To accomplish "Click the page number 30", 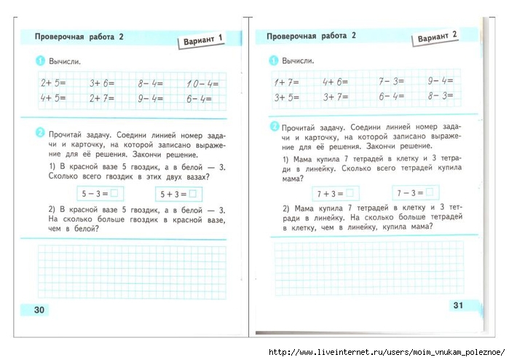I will [x=39, y=310].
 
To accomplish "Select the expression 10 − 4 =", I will [x=202, y=83].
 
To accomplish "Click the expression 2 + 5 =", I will [x=53, y=83].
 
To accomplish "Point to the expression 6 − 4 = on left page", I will [x=198, y=99].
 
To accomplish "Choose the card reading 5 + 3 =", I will [x=178, y=194].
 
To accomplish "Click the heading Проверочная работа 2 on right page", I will [x=312, y=35].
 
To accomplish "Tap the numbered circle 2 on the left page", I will [x=40, y=134].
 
